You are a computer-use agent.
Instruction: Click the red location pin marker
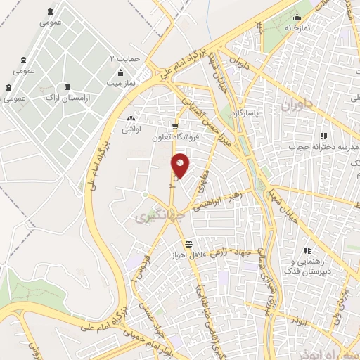(180, 165)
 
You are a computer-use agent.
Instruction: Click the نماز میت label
(120, 83)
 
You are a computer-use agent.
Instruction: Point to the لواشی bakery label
(131, 129)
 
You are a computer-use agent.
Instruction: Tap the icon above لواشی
(131, 118)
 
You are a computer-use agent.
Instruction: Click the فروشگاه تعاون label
(174, 137)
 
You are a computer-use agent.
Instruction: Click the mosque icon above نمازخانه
(297, 17)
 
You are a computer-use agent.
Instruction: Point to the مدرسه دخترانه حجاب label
(323, 147)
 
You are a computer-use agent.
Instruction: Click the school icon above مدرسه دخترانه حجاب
(323, 136)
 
